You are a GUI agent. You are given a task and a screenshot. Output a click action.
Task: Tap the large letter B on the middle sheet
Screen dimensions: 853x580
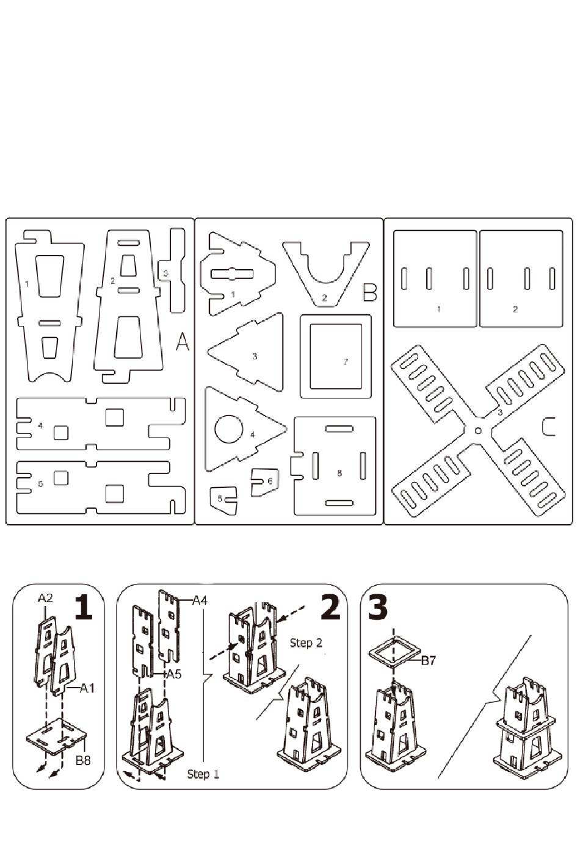pos(369,293)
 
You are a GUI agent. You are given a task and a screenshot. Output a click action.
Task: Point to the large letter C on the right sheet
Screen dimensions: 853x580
pos(549,426)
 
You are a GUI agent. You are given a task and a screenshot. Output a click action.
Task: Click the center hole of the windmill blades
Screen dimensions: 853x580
pos(478,431)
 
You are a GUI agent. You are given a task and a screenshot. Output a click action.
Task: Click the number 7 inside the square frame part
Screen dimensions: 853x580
pos(346,362)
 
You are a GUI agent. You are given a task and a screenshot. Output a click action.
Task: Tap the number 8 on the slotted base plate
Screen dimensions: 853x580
pos(339,473)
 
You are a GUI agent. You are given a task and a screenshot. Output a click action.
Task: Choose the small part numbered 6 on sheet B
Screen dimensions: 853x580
pos(264,481)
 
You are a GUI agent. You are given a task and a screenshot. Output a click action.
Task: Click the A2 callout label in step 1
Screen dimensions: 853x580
pos(45,598)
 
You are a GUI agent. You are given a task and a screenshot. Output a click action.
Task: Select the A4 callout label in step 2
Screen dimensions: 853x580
pos(200,601)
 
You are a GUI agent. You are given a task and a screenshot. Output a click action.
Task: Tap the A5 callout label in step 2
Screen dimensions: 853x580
pos(173,674)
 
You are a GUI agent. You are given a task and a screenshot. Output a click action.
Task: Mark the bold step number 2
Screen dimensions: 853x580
pos(330,608)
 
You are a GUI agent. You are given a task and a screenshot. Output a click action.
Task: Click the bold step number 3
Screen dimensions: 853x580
pos(379,608)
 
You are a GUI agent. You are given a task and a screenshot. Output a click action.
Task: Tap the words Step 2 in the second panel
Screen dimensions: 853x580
pos(306,642)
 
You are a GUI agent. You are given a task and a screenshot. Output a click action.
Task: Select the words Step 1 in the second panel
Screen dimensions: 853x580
pos(203,774)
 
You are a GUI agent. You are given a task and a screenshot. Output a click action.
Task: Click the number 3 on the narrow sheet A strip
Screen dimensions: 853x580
pos(165,273)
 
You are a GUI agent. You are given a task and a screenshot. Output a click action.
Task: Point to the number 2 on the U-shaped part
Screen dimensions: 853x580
pos(324,298)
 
